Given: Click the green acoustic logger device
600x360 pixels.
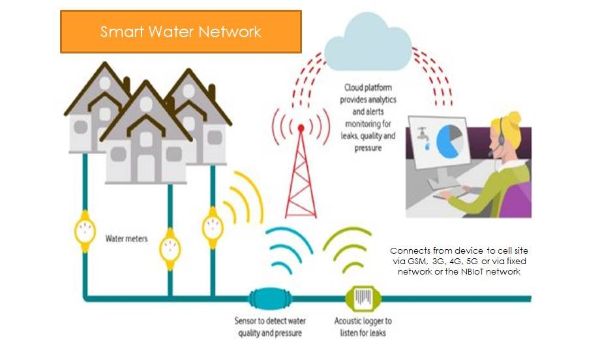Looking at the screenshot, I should click(x=361, y=298).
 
